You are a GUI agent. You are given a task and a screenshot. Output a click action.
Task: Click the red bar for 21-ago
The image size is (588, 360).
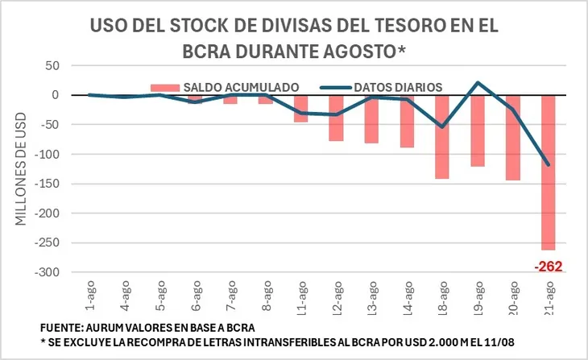coord(549,172)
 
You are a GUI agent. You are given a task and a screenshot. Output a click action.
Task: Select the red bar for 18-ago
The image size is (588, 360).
coord(442,136)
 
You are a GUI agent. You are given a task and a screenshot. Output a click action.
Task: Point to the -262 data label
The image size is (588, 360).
coord(548,266)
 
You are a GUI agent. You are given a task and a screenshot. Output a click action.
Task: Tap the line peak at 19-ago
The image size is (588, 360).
coord(478,82)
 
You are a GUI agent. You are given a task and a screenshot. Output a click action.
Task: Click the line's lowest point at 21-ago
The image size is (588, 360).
coord(549,164)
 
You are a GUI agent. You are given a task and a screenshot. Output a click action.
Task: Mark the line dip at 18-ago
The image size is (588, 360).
coord(442,126)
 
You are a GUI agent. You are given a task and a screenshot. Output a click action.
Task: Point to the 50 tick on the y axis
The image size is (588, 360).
coord(54,65)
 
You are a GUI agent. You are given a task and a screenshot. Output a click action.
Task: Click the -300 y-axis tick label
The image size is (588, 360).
coord(48,272)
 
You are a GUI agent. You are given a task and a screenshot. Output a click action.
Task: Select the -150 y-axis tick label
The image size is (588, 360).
coord(48,184)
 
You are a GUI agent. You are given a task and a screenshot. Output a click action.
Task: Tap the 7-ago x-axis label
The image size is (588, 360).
coord(230,296)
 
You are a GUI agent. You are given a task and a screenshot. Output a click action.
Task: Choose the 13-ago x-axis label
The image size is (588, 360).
coord(372,296)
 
